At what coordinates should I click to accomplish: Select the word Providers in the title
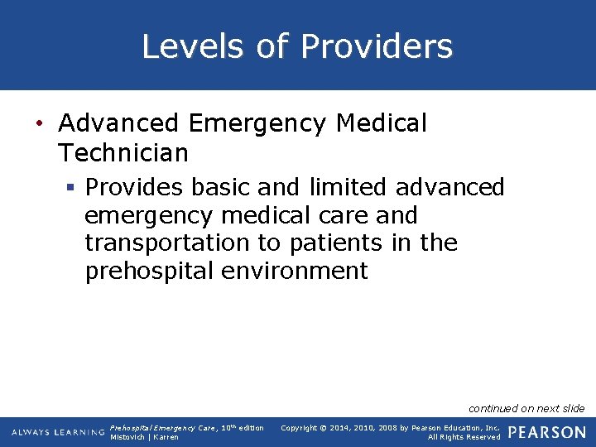coord(377,46)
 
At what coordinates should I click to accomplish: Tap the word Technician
coord(124,153)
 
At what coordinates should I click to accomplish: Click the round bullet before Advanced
coord(39,124)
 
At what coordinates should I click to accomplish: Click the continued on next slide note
coord(526,408)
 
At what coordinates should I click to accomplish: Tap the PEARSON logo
coord(547,432)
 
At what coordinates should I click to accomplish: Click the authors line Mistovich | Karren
coord(144,437)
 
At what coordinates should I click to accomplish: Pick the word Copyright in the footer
coord(302,428)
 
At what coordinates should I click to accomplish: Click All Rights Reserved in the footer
coord(464,437)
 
